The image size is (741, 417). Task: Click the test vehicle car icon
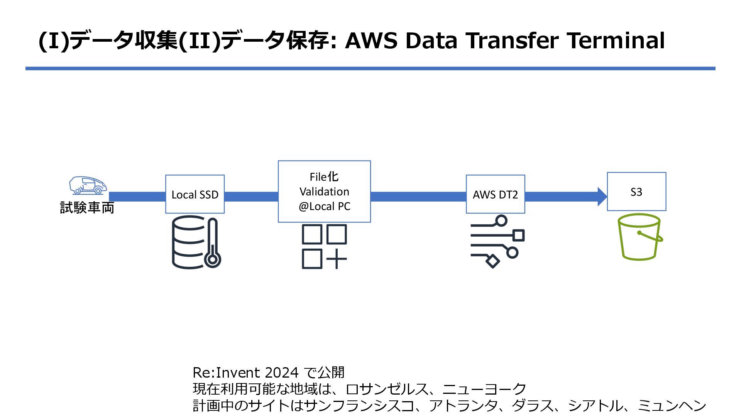[x=88, y=185]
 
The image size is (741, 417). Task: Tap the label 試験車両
[x=87, y=208]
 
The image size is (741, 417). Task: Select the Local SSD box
[x=195, y=194]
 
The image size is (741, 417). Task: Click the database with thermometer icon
[x=196, y=242]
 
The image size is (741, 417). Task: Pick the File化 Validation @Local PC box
[x=324, y=192]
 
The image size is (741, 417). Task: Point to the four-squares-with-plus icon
[x=324, y=246]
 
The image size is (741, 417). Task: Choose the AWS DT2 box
[x=495, y=194]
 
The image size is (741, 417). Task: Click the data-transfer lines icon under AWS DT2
[x=497, y=241]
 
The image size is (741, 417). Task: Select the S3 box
[x=636, y=192]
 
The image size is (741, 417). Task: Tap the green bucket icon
[x=639, y=237]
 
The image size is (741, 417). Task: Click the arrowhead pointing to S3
[x=602, y=197]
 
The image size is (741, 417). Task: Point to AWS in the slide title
[x=371, y=41]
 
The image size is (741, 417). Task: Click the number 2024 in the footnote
[x=282, y=373]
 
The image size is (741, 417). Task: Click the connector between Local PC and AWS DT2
[x=418, y=197]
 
